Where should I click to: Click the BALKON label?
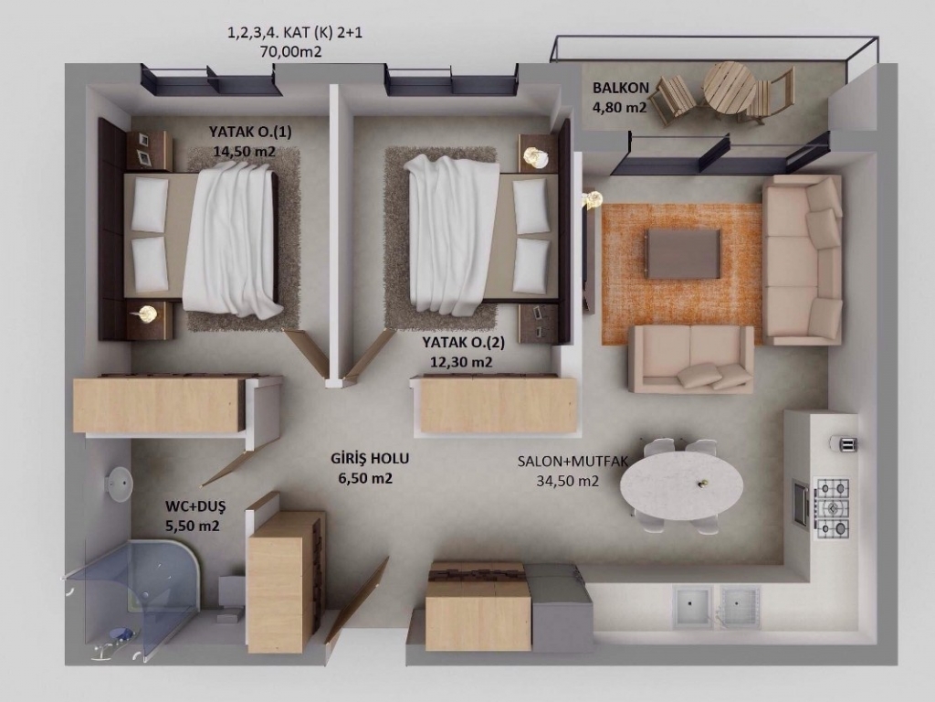621,88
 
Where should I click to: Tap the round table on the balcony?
728,88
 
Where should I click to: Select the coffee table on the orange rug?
683,253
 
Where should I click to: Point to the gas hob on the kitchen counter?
833,507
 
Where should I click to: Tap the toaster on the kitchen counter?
844,443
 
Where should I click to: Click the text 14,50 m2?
245,151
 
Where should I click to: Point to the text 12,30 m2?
461,362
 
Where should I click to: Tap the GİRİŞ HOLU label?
370,459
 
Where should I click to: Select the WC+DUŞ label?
195,507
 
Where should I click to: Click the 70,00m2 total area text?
291,52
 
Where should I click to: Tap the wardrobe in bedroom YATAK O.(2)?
495,403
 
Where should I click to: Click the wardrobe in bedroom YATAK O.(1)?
159,403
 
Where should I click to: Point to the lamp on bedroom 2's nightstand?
536,156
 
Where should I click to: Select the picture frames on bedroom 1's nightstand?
143,149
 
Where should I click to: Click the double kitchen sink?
717,606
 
